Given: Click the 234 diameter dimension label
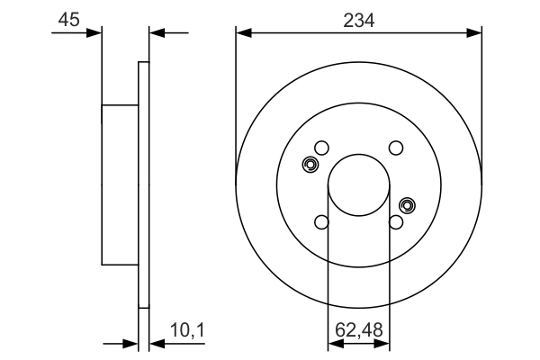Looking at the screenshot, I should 359,19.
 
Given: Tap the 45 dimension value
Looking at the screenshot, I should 67,19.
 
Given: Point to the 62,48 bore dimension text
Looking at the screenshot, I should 358,331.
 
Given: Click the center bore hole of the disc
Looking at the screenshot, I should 358,184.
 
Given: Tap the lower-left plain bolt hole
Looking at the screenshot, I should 321,221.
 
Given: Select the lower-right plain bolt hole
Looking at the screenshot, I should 395,221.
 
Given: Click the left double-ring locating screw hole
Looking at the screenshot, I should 311,165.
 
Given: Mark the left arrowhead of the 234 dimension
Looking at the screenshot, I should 242,33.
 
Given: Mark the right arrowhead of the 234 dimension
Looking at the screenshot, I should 476,33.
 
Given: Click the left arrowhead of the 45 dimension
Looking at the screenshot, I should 95,33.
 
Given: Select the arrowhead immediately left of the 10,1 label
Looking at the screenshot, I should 153,343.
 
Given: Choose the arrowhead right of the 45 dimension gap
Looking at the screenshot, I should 155,33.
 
